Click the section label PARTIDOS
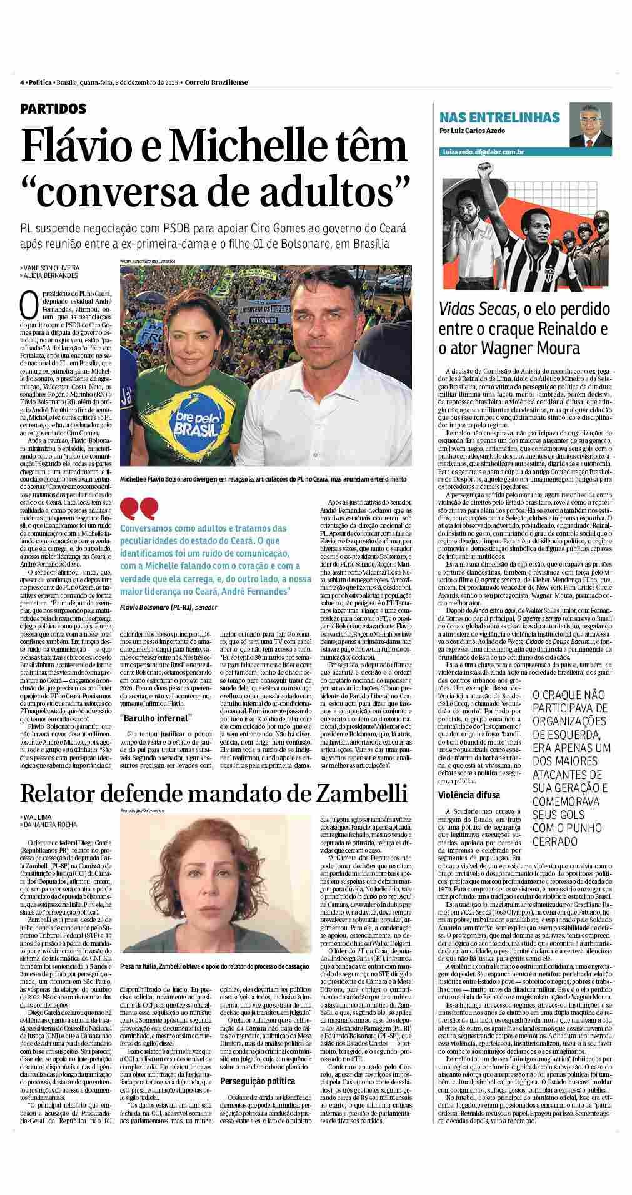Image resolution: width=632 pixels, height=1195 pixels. coord(53,109)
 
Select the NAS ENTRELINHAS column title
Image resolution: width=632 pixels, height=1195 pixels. coord(499,117)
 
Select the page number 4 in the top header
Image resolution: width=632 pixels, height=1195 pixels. coord(22,82)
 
